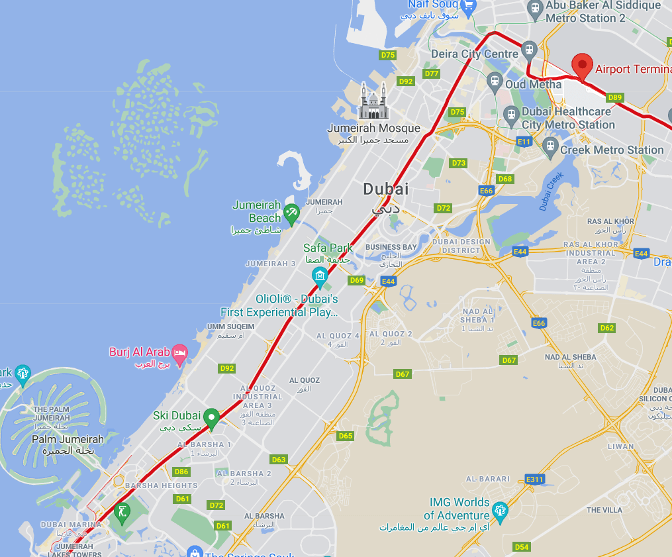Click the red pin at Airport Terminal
point(582,65)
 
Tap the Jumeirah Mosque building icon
point(373,102)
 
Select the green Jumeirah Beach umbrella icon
point(291,213)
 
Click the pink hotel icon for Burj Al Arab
point(179,352)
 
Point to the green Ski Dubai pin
point(211,417)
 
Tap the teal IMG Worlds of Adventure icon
point(500,510)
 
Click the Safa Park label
point(327,248)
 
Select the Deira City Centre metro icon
point(528,50)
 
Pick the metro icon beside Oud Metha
point(494,82)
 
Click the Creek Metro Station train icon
point(550,148)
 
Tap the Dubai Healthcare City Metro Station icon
point(510,115)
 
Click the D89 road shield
point(615,97)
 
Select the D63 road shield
point(279,459)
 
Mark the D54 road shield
point(522,546)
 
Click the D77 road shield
point(432,74)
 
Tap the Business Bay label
point(391,247)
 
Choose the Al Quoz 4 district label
point(338,336)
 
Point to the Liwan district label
point(620,446)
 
